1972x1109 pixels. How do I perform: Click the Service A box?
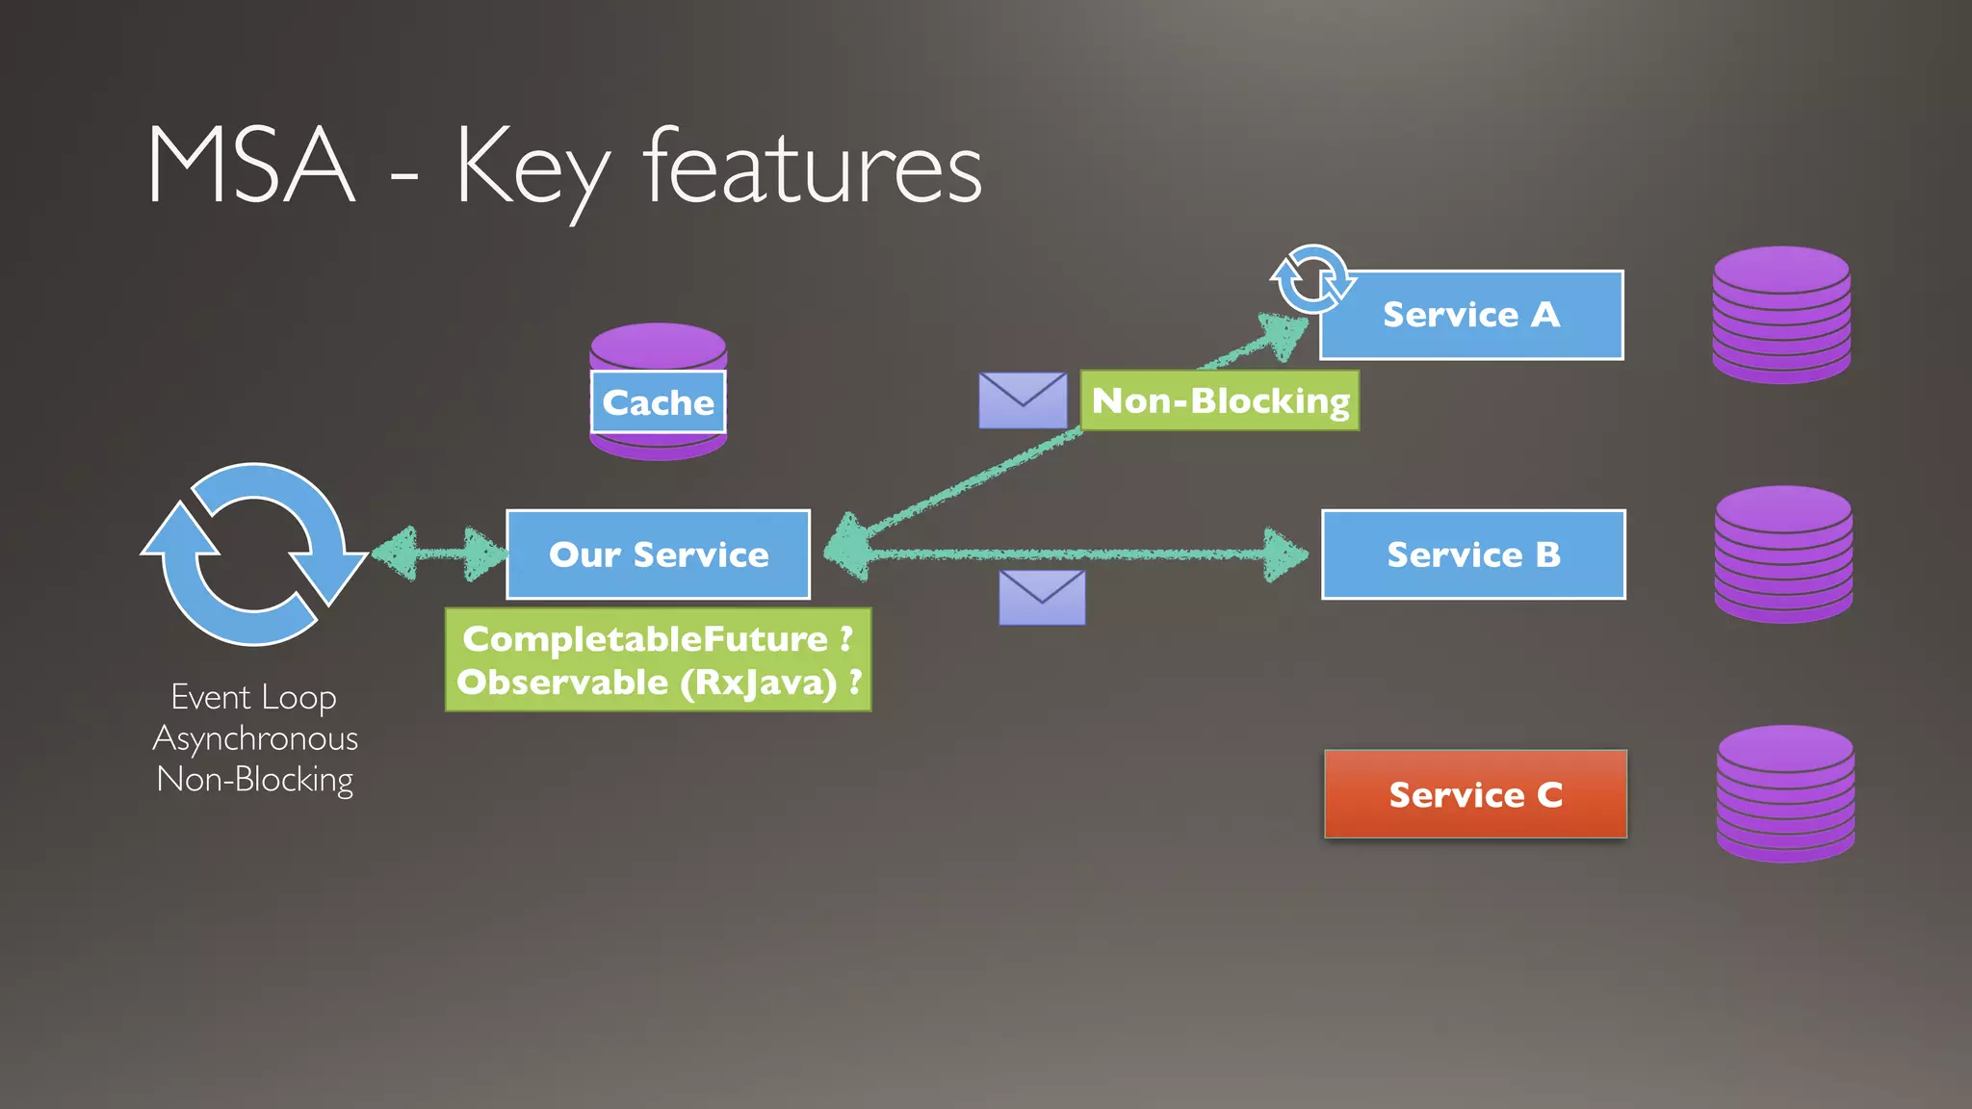tap(1471, 315)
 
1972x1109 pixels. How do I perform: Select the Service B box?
tap(1473, 554)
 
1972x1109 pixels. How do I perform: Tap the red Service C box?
tap(1475, 794)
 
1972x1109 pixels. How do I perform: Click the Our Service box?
tap(659, 554)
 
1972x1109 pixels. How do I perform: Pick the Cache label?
tap(658, 402)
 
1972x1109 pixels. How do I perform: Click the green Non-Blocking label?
tap(1220, 400)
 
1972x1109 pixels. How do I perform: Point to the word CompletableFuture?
tap(644, 638)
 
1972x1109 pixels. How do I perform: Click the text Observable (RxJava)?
tap(647, 683)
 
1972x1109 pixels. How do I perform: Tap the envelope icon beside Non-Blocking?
tap(1023, 400)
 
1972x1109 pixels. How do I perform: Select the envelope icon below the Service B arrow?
tap(1042, 598)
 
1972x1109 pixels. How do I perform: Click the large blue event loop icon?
tap(253, 554)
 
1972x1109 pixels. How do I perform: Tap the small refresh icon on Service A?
tap(1311, 280)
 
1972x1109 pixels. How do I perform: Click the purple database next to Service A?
tap(1781, 315)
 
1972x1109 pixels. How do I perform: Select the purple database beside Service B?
tap(1783, 554)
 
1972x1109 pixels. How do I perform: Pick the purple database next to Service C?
tap(1785, 794)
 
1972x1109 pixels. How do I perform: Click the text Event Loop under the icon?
tap(253, 697)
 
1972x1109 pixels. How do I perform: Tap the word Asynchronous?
tap(255, 738)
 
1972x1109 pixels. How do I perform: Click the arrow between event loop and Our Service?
tap(439, 554)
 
